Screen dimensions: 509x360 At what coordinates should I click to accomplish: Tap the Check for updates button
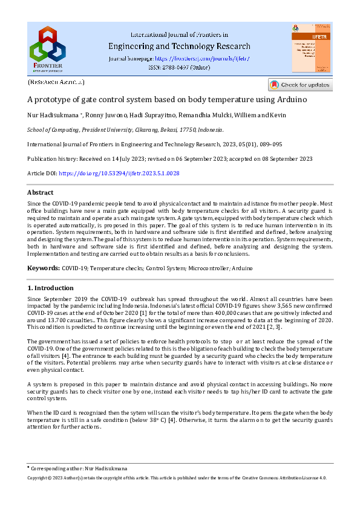[x=300, y=85]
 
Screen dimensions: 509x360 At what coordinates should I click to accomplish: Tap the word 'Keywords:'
[x=44, y=267]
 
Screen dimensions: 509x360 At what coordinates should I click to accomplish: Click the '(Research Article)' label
[x=56, y=81]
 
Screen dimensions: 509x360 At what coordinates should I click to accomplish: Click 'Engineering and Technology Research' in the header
[x=178, y=47]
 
